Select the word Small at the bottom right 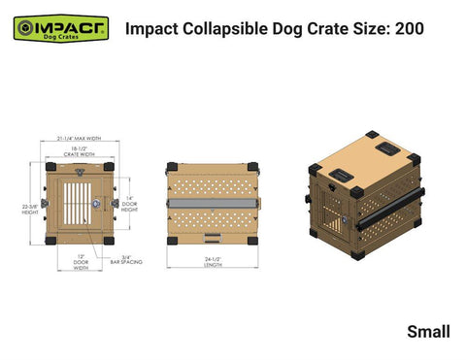click(428, 332)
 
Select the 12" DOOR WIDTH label click(81, 262)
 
